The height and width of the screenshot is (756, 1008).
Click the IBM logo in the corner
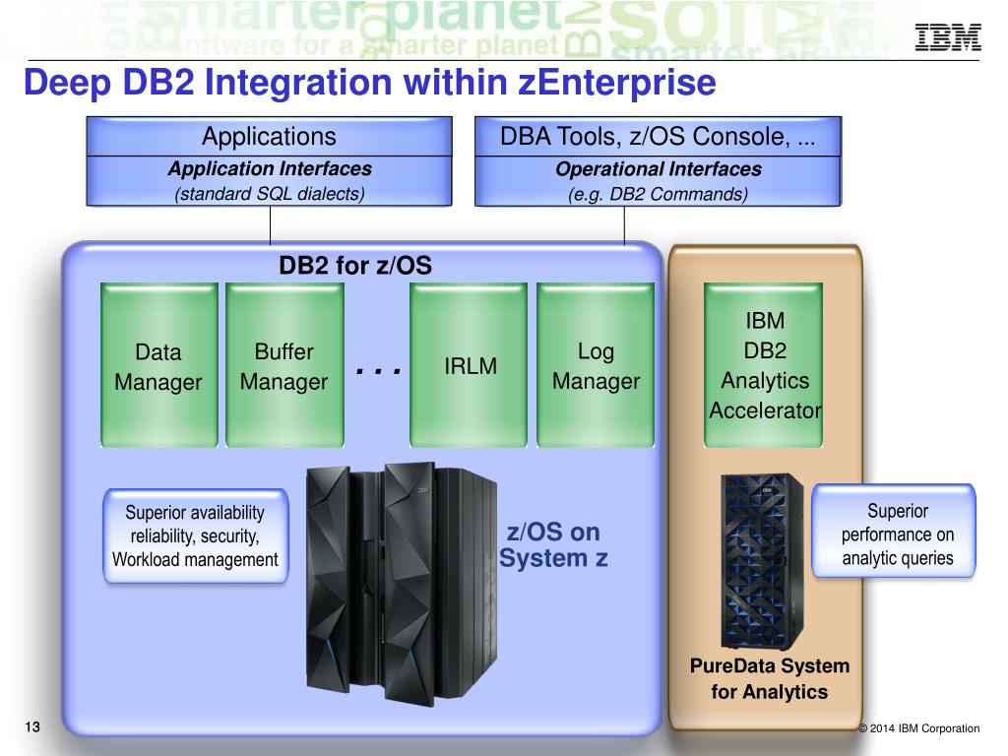[948, 36]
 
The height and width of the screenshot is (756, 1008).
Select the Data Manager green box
[158, 365]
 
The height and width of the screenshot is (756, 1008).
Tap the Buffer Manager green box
[284, 365]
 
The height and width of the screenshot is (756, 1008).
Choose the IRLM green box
[469, 365]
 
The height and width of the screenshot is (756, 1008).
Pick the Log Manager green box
[596, 365]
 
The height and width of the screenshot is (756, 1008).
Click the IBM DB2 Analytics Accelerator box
[764, 365]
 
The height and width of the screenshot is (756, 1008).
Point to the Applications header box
[270, 136]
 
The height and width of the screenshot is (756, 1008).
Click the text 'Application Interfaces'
[270, 168]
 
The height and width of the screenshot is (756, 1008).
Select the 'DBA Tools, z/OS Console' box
[658, 136]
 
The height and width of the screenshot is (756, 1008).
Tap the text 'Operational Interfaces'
[659, 169]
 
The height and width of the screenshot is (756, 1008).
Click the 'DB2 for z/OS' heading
[355, 266]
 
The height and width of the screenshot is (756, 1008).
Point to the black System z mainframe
[402, 584]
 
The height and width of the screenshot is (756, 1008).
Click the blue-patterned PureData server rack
[762, 561]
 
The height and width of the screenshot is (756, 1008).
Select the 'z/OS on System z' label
[553, 545]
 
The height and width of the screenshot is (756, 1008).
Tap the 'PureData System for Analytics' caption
[770, 679]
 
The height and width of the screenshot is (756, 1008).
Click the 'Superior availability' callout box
[196, 536]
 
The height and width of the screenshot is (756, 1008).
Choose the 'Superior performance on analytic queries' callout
[894, 531]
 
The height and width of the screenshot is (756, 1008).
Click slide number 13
[32, 727]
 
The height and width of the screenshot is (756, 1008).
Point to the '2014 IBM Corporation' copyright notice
[919, 728]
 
